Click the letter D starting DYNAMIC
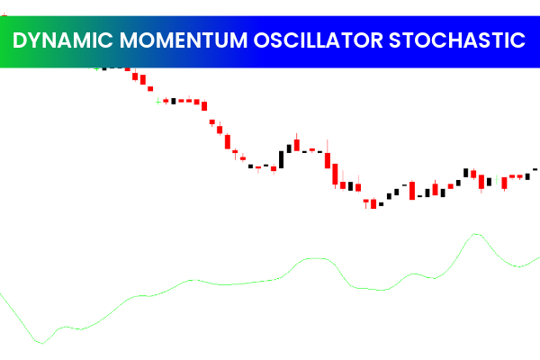[x=22, y=40]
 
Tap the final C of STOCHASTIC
[x=519, y=40]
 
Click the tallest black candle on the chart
[x=282, y=158]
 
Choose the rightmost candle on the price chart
[x=535, y=168]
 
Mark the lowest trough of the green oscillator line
[x=40, y=342]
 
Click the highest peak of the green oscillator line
[x=475, y=234]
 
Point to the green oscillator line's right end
[x=538, y=257]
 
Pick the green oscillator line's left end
[x=2, y=292]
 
